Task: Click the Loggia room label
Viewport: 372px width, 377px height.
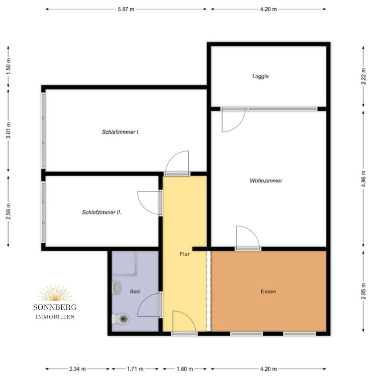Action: [260, 76]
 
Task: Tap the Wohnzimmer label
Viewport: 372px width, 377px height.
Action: [266, 181]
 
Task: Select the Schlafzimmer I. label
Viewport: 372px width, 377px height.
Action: [120, 132]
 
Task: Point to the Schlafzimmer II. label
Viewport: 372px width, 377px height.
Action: [101, 212]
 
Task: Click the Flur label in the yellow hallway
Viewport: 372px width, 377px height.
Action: [185, 254]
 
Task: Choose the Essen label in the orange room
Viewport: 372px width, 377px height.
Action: [268, 291]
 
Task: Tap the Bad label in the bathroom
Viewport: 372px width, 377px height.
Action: [135, 291]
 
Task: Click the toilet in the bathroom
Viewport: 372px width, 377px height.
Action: [120, 319]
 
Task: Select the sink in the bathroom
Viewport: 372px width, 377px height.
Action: [116, 288]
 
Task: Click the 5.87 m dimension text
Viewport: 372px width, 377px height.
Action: [126, 9]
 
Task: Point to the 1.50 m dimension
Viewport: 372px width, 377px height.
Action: [8, 66]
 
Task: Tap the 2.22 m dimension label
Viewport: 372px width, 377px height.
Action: [363, 76]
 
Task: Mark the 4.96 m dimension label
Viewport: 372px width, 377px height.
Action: [363, 178]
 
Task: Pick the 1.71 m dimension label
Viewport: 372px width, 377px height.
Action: [135, 369]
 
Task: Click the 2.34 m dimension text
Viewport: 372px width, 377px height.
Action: [77, 369]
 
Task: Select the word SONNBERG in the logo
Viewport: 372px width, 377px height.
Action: [55, 307]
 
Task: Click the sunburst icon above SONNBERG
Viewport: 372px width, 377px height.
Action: [55, 292]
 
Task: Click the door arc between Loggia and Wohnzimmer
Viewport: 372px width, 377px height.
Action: [238, 125]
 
